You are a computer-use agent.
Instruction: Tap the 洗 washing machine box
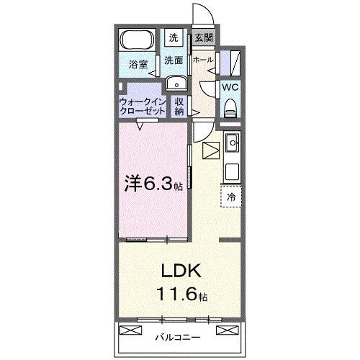coord(174,37)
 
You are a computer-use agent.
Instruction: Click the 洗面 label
coord(174,60)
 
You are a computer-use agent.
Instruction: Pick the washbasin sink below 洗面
coord(174,83)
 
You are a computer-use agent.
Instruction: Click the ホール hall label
coord(202,60)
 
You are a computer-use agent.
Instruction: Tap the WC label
coord(230,86)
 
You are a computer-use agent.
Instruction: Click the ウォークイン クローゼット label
coord(143,107)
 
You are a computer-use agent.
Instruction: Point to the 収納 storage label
coord(179,107)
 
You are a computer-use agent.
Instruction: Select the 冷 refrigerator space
coord(232,196)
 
